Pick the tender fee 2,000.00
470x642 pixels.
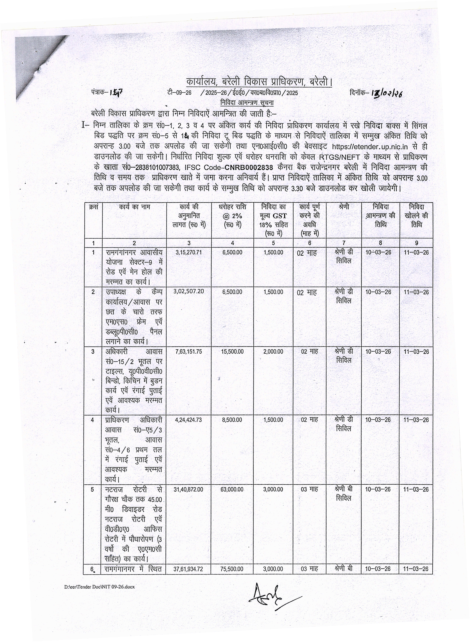pyautogui.click(x=273, y=352)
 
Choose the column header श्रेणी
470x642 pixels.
pyautogui.click(x=344, y=207)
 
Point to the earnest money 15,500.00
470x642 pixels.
pyautogui.click(x=232, y=352)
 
